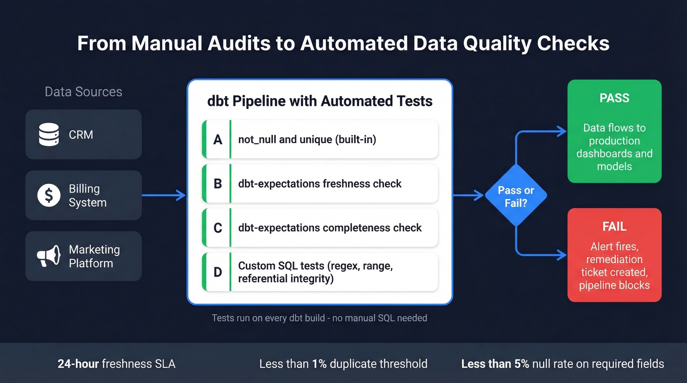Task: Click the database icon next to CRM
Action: click(49, 134)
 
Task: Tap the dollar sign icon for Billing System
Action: click(49, 196)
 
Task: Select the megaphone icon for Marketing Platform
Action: click(49, 256)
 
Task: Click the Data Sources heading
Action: click(83, 92)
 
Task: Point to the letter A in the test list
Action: click(217, 140)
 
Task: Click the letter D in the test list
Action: click(217, 272)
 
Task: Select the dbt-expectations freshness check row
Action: click(319, 184)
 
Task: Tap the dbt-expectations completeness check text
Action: click(330, 228)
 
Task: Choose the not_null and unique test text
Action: click(307, 140)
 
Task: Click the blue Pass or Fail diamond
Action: click(516, 196)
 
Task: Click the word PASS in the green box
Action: click(614, 98)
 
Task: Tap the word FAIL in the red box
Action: click(614, 227)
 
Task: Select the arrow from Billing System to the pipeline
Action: click(163, 196)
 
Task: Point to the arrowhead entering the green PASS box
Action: click(562, 131)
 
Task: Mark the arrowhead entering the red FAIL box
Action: click(562, 255)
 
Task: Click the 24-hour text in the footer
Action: click(79, 364)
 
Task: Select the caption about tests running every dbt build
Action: click(319, 318)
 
